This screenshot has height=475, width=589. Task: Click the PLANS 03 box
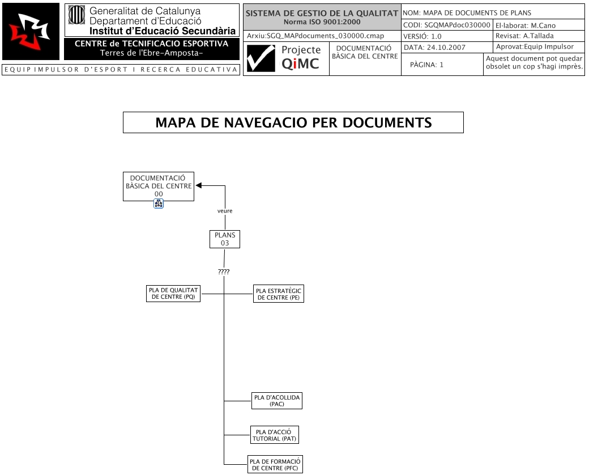[x=225, y=239]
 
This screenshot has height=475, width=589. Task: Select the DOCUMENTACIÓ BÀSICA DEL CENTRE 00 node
[x=158, y=186]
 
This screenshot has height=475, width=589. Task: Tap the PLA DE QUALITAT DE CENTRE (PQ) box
[x=173, y=294]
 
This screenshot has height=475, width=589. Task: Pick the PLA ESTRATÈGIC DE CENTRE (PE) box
[x=279, y=294]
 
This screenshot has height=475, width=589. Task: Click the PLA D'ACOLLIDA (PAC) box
[x=277, y=401]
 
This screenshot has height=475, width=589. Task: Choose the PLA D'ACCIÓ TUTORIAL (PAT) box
[x=274, y=435]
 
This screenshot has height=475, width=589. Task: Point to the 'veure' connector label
[x=225, y=211]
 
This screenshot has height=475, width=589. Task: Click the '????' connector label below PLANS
[x=224, y=272]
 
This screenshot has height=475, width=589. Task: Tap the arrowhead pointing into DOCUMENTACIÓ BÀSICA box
[x=199, y=185]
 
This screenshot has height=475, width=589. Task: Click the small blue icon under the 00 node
[x=159, y=204]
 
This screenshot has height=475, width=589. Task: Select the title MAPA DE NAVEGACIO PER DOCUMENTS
[x=293, y=122]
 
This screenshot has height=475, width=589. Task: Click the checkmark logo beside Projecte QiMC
[x=261, y=58]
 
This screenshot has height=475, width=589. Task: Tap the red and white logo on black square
[x=31, y=31]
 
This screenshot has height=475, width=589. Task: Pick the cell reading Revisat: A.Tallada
[x=524, y=36]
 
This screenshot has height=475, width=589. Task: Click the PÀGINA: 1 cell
[x=426, y=65]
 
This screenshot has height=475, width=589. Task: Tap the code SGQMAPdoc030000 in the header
[x=456, y=26]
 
